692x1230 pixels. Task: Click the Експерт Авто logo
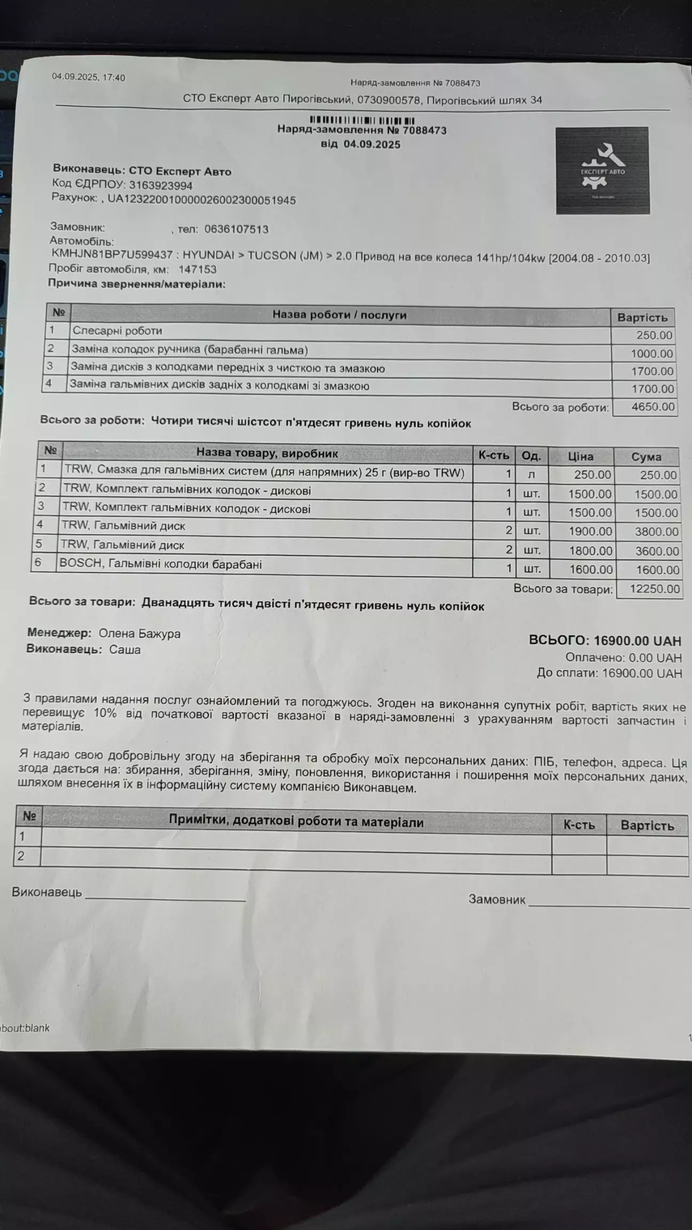point(602,170)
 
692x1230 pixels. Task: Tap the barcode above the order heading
point(362,120)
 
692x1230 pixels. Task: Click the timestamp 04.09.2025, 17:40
point(88,77)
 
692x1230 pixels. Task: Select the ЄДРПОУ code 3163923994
point(161,185)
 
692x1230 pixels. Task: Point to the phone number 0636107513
point(236,229)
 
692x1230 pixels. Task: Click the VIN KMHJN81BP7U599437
point(112,255)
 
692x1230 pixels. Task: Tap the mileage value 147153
point(197,269)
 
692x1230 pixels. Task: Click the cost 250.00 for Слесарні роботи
point(654,335)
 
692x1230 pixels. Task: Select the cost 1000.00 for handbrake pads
point(651,353)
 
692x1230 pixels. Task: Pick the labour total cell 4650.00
point(652,407)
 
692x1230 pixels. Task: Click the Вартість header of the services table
point(642,317)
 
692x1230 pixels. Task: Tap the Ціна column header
point(580,456)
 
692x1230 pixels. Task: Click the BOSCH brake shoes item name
point(161,564)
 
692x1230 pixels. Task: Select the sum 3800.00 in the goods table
point(656,532)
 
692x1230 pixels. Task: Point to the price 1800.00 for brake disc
point(590,550)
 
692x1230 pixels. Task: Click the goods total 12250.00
point(655,589)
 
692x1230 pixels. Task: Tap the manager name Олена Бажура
point(139,634)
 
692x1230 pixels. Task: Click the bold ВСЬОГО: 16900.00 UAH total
point(605,640)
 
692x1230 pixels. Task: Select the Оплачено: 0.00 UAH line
point(624,657)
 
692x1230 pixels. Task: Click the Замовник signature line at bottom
point(608,903)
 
